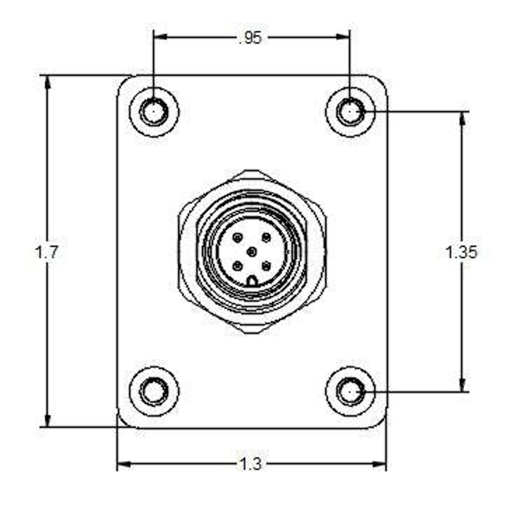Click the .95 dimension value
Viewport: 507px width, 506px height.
click(x=251, y=38)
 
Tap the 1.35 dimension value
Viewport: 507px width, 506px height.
click(x=461, y=252)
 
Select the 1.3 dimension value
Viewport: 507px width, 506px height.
click(x=251, y=464)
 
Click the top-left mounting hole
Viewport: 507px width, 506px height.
click(x=154, y=112)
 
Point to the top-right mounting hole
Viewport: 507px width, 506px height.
click(x=350, y=112)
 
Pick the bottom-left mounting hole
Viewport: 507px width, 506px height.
click(x=154, y=392)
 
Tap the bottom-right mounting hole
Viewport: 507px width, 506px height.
click(x=350, y=392)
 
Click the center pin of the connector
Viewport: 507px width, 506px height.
click(x=252, y=251)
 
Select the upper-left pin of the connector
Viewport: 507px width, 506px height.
click(x=237, y=238)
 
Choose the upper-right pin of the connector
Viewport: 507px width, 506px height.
click(x=266, y=238)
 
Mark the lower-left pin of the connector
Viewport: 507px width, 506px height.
click(x=237, y=265)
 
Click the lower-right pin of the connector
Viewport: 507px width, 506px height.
click(x=266, y=265)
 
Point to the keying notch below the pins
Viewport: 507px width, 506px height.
click(x=252, y=281)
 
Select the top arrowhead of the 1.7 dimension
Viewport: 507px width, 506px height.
click(x=48, y=82)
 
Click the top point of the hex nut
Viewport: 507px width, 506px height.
click(x=252, y=171)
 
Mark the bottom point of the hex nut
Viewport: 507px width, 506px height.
click(x=252, y=332)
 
